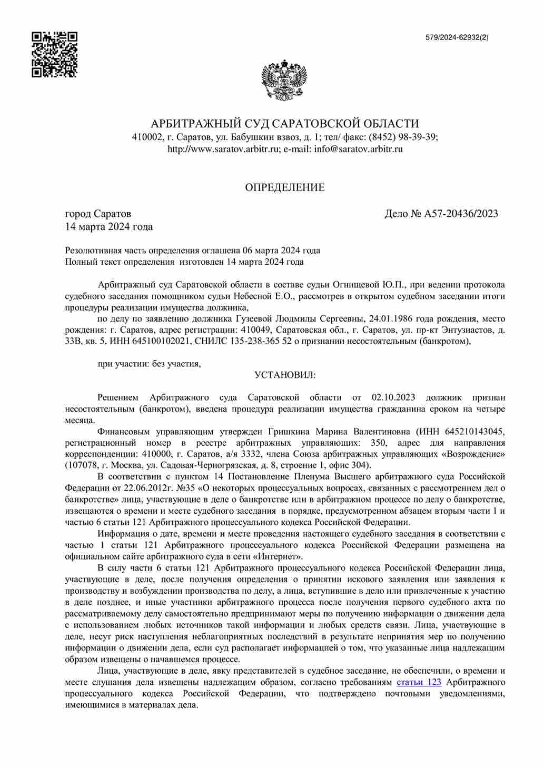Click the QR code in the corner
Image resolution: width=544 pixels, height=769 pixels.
(x=54, y=55)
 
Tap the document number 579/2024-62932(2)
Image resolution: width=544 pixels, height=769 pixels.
(x=457, y=37)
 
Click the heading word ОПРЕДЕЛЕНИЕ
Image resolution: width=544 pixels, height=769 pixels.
(x=284, y=187)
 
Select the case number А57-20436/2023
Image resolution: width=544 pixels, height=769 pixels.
(x=461, y=214)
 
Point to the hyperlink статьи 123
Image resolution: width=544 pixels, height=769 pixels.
(x=419, y=682)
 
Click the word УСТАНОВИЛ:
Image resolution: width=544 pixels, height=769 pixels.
(x=285, y=375)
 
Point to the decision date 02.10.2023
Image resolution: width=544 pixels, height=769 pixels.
(x=393, y=397)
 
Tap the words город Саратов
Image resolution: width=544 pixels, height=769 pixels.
(x=98, y=214)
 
